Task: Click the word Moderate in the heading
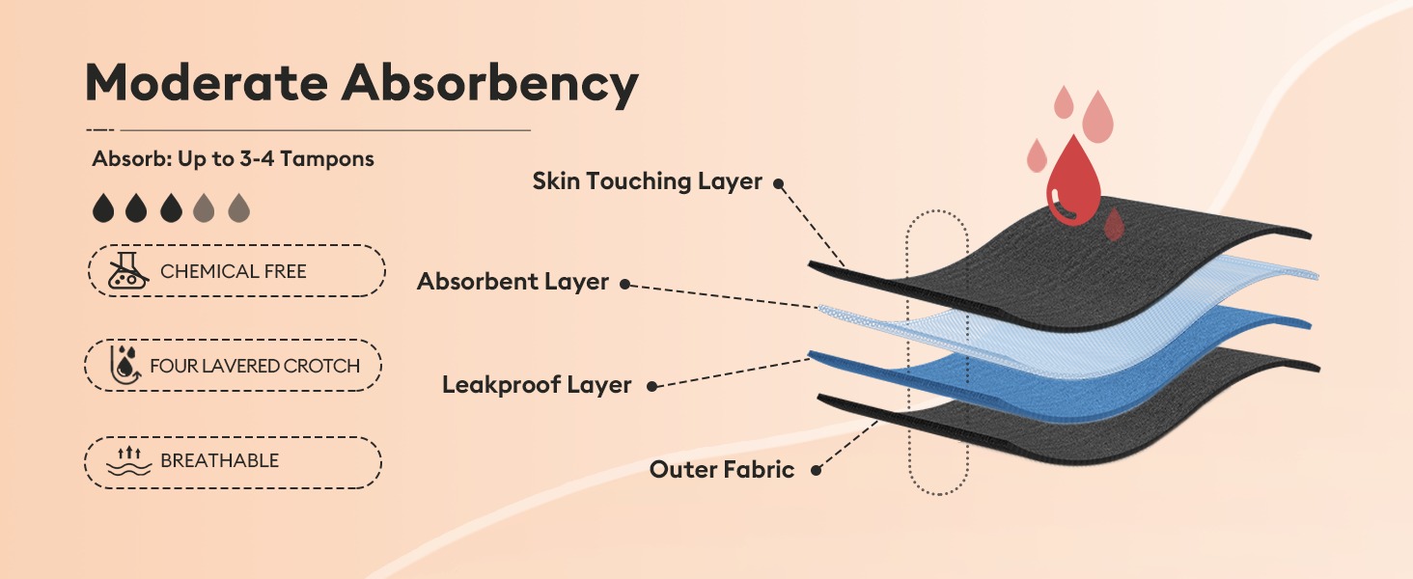207,83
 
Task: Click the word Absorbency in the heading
490,84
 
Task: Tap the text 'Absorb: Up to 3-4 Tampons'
233,159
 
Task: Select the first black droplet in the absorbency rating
103,207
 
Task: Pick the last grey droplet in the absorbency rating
239,207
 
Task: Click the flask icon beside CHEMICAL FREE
128,270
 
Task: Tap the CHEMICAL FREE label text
234,271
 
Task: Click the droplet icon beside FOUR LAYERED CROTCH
125,365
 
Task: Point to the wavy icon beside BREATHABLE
129,460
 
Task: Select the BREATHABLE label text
219,460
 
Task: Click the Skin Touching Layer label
648,181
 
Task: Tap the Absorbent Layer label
513,282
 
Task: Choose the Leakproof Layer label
537,385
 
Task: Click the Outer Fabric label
722,469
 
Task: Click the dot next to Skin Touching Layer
779,183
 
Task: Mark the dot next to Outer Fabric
816,470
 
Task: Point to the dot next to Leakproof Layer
652,387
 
